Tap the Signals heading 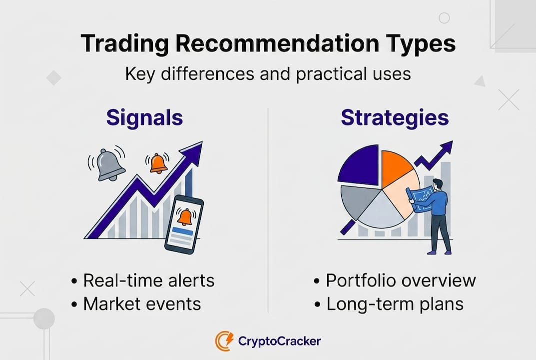(144, 118)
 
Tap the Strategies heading (395, 118)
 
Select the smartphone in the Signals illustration (184, 225)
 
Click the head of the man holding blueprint (437, 183)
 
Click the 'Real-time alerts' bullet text (148, 280)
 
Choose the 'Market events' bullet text (141, 303)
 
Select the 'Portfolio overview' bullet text (401, 280)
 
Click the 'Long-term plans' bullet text (395, 303)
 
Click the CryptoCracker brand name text (279, 341)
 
